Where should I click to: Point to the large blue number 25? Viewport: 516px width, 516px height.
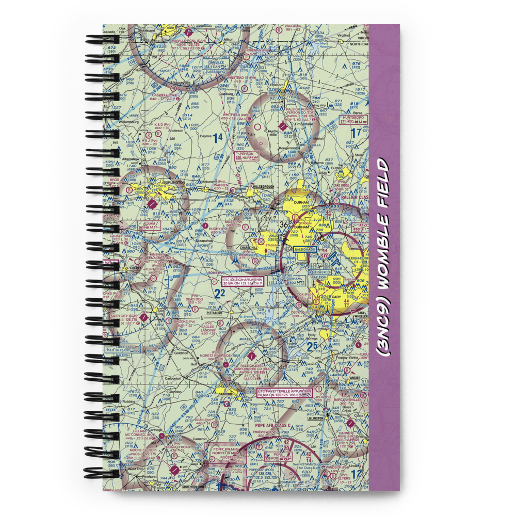311,346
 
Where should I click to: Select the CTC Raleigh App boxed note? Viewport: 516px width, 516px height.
242,281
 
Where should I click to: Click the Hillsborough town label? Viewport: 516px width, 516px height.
264,186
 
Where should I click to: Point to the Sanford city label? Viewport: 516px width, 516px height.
225,392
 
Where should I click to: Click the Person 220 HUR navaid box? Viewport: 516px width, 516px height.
245,156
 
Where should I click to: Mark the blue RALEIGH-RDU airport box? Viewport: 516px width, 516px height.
304,249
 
